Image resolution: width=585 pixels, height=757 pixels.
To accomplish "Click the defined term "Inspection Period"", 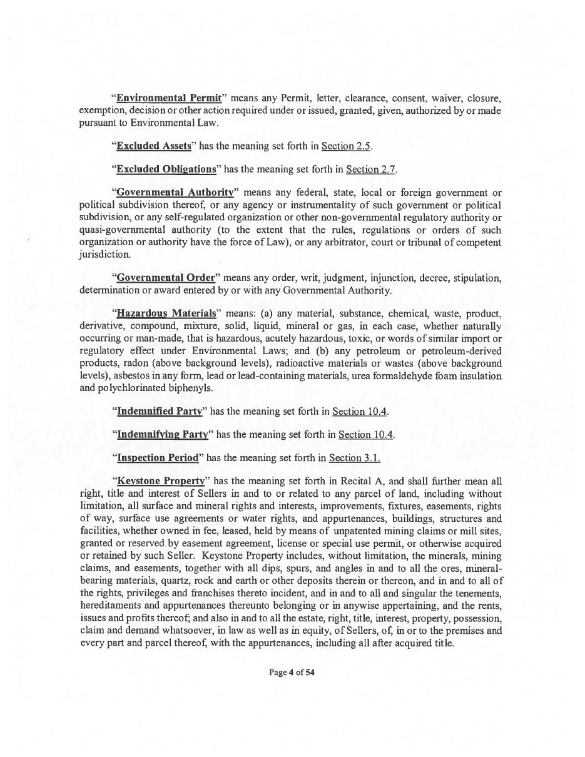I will [x=158, y=457].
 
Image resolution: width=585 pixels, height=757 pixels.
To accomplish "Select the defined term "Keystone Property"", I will [x=161, y=481].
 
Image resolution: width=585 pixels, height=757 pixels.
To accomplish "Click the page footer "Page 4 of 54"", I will [x=292, y=673].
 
